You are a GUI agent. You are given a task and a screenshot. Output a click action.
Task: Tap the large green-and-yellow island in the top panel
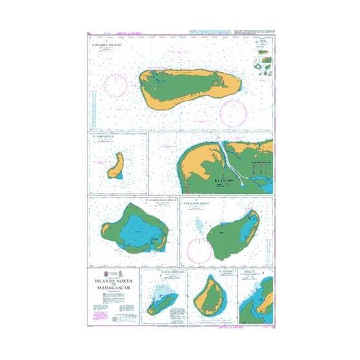pyautogui.click(x=188, y=88)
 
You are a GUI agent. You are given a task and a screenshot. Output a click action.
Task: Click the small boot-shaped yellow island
pyautogui.click(x=117, y=166)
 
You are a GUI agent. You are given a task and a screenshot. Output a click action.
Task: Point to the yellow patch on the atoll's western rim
pyautogui.click(x=106, y=231)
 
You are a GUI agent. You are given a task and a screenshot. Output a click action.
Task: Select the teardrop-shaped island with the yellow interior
pyautogui.click(x=208, y=295)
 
